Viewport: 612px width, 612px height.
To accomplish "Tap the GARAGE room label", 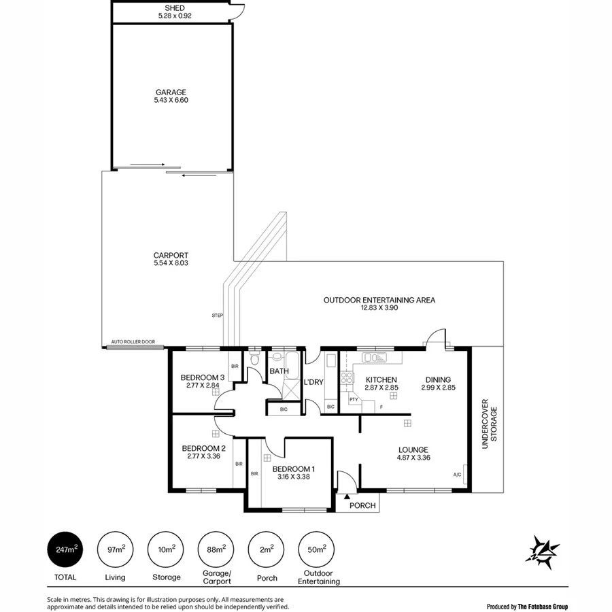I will [x=170, y=92].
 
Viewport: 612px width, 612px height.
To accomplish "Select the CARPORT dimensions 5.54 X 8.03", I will [x=170, y=264].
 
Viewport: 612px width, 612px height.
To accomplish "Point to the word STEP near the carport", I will [x=218, y=316].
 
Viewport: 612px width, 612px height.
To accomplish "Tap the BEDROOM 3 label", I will [x=202, y=377].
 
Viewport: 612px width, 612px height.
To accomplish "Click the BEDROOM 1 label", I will [x=293, y=469].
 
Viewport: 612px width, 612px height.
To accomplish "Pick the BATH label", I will [x=279, y=371].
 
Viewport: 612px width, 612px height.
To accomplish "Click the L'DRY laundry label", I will [x=313, y=382].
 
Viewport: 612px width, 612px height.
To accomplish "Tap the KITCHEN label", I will [x=381, y=379].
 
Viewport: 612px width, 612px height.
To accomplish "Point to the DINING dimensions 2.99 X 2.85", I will [x=438, y=388].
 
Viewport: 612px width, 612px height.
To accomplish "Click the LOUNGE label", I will [x=413, y=449].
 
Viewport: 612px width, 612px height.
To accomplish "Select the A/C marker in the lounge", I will [x=456, y=475].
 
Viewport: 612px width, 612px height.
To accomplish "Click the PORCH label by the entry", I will [x=362, y=505].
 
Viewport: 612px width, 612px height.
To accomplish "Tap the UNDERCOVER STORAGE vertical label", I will [x=490, y=424].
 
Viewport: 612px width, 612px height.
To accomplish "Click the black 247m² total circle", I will [x=65, y=549].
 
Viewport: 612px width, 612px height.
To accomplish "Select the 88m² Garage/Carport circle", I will [x=214, y=549].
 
